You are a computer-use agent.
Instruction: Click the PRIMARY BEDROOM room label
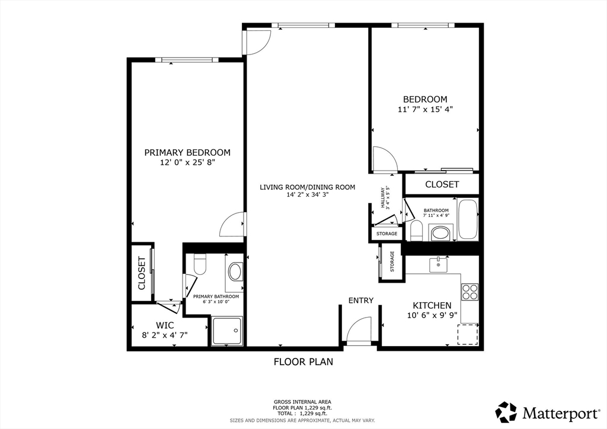pyautogui.click(x=187, y=152)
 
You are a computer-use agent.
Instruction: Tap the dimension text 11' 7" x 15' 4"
pyautogui.click(x=425, y=110)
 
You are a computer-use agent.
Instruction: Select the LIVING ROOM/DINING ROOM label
pyautogui.click(x=307, y=187)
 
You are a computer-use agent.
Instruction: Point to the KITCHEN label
pyautogui.click(x=432, y=305)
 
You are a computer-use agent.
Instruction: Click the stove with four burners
pyautogui.click(x=470, y=292)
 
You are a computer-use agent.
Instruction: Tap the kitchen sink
pyautogui.click(x=439, y=263)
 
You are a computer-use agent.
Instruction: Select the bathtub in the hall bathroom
pyautogui.click(x=468, y=220)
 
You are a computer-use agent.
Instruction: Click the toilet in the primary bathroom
pyautogui.click(x=199, y=264)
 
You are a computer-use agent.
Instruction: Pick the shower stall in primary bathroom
pyautogui.click(x=226, y=331)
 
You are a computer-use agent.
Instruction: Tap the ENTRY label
pyautogui.click(x=360, y=300)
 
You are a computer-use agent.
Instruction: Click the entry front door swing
pyautogui.click(x=359, y=329)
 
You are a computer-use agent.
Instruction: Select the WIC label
pyautogui.click(x=164, y=325)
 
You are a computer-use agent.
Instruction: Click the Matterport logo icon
pyautogui.click(x=506, y=411)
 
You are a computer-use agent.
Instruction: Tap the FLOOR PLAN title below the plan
pyautogui.click(x=303, y=361)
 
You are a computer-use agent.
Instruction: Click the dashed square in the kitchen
pyautogui.click(x=468, y=334)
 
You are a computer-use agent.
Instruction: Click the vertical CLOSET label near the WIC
pyautogui.click(x=142, y=273)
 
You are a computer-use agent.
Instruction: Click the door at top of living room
pyautogui.click(x=257, y=42)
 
